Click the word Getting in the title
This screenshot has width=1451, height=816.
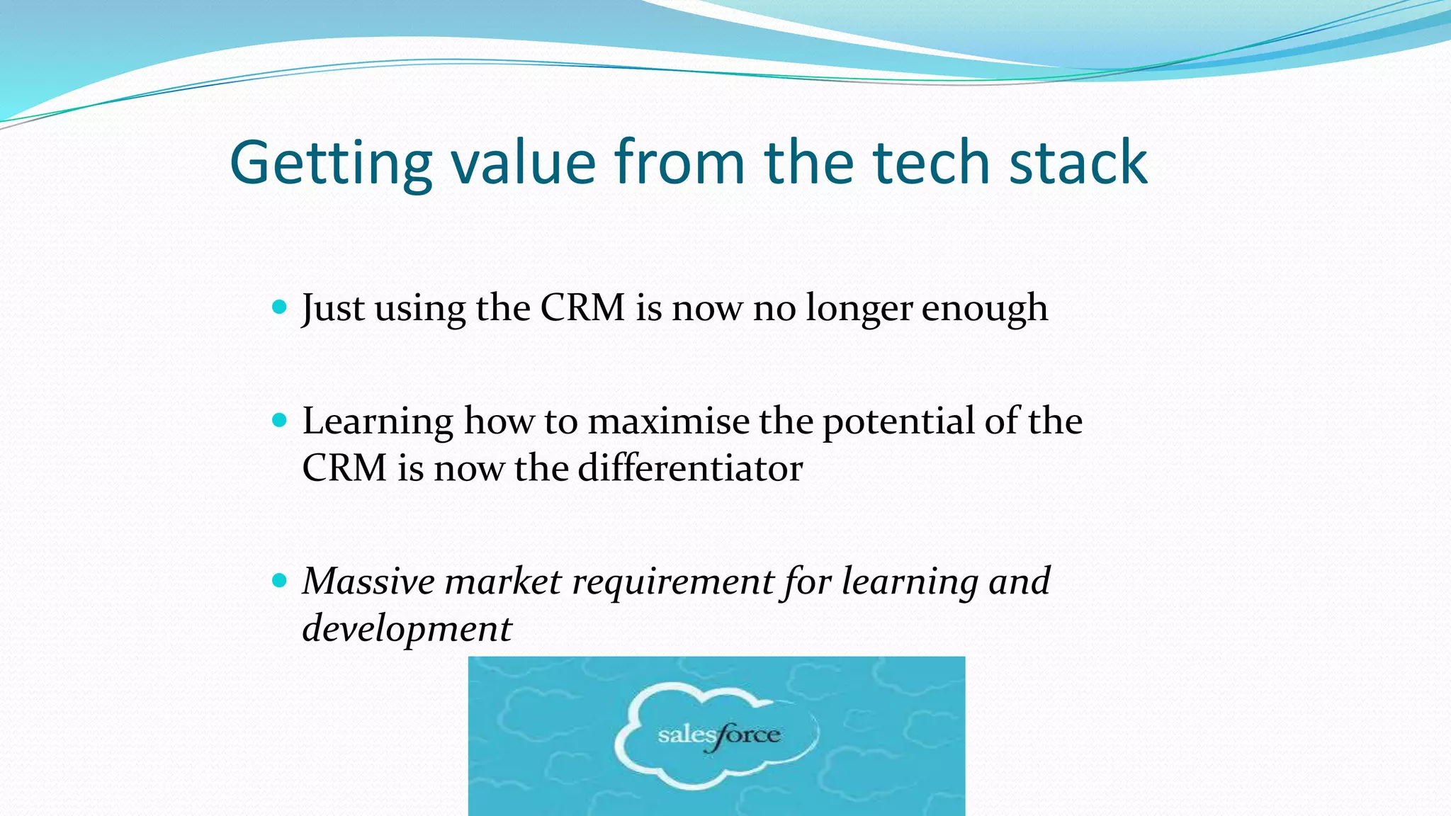click(x=330, y=163)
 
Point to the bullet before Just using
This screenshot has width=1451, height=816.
click(x=279, y=307)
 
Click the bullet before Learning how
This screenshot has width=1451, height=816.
click(x=279, y=421)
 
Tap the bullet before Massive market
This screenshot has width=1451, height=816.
click(x=279, y=581)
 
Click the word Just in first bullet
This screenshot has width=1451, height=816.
click(x=333, y=309)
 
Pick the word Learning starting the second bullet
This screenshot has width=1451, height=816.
click(x=378, y=423)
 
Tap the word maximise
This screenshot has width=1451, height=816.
click(x=668, y=422)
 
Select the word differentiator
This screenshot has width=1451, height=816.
click(x=690, y=468)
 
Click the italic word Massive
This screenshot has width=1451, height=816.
click(x=368, y=582)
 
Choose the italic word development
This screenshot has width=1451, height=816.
click(x=407, y=630)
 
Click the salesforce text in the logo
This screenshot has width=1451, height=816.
click(x=718, y=736)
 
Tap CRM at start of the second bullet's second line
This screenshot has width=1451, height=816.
click(x=344, y=468)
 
